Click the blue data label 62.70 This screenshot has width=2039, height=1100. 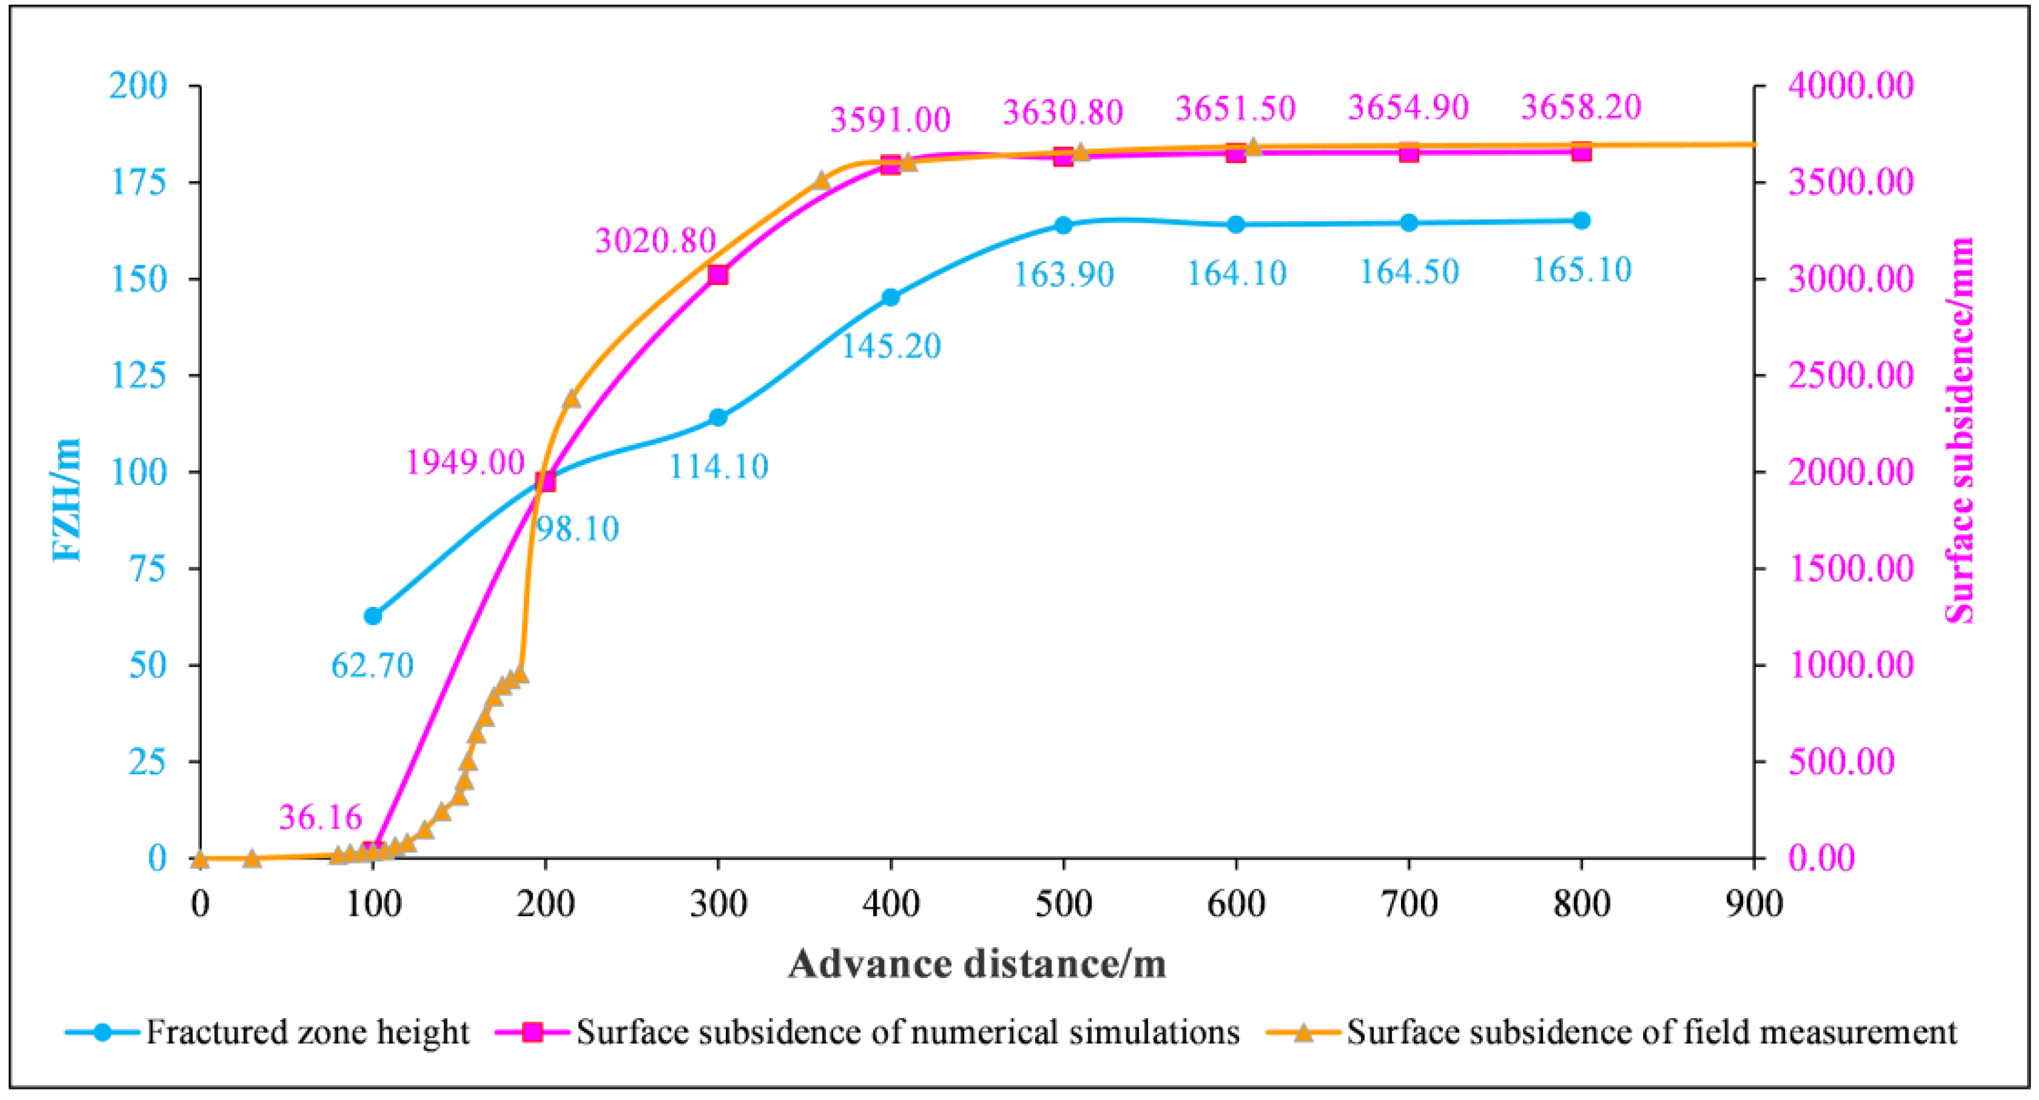click(372, 666)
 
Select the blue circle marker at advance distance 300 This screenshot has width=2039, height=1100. click(718, 417)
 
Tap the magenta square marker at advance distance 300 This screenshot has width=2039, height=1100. click(718, 275)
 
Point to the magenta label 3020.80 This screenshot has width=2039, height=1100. click(655, 241)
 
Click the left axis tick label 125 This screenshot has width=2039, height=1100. click(139, 375)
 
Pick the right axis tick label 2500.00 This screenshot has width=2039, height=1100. click(1850, 375)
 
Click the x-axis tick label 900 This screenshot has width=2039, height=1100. click(1754, 903)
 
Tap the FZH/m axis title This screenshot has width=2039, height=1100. click(67, 498)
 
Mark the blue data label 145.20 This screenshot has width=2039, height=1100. click(891, 346)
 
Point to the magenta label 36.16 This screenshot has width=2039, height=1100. click(320, 817)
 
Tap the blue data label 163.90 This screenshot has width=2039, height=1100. click(1064, 275)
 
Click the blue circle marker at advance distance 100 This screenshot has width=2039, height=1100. click(373, 616)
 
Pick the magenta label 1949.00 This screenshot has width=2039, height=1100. click(465, 462)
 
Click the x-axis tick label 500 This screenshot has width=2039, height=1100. click(1063, 903)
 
